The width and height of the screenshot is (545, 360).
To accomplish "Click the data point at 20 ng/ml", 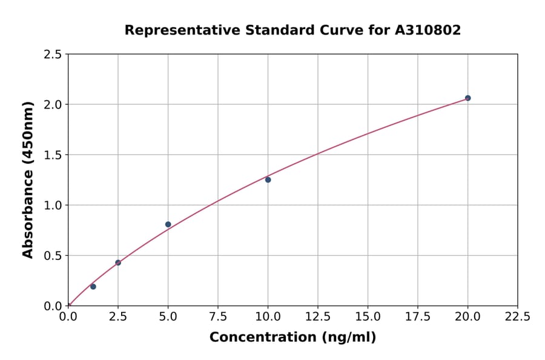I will click(467, 98).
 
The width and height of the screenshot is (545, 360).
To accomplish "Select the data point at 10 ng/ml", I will click(268, 179).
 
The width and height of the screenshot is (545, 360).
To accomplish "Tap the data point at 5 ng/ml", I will click(168, 224).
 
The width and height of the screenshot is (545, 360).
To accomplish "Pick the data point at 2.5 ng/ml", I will click(118, 262).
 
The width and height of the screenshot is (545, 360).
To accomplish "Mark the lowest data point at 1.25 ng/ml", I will click(93, 287).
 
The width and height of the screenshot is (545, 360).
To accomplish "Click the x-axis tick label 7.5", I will click(218, 316).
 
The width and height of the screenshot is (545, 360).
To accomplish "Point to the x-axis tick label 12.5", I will click(318, 316).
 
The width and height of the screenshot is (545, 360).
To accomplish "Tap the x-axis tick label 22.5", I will click(518, 316).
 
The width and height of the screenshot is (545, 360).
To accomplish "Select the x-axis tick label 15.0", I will click(368, 316).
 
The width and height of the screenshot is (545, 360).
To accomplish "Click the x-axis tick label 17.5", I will click(418, 316).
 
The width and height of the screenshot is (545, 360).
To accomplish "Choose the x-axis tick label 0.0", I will click(68, 316).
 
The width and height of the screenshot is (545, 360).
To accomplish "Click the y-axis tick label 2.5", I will click(53, 55).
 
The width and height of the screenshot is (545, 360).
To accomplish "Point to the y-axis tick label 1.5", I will click(53, 155).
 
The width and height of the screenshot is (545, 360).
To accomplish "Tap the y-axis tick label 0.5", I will click(53, 256).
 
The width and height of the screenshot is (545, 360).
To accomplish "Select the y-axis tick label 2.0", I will click(53, 105).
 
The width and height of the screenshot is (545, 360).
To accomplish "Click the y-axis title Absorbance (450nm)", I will click(28, 179).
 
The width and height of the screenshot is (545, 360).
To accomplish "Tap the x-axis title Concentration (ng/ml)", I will click(292, 337).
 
